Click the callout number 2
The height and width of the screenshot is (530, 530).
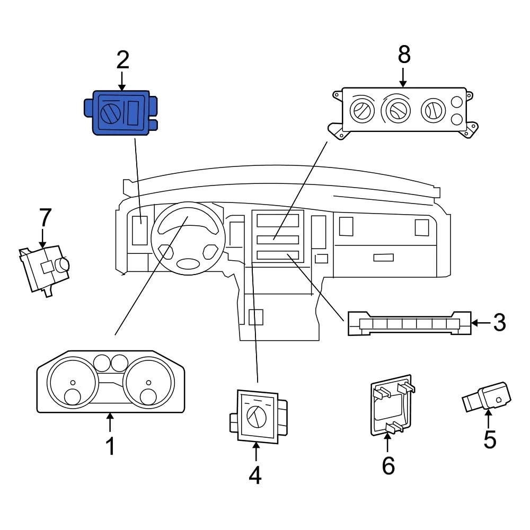(x=122, y=60)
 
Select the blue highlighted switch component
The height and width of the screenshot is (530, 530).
(x=121, y=112)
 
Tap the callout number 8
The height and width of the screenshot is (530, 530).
(x=404, y=55)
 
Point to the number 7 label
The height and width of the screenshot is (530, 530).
(x=45, y=218)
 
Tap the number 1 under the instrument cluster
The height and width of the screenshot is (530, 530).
(x=110, y=446)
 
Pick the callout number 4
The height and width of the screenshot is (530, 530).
(x=255, y=475)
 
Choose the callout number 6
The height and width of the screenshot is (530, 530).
(x=388, y=465)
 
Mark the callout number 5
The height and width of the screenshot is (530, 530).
(x=489, y=439)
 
